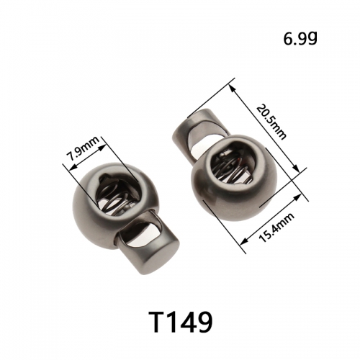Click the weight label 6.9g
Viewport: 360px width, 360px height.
[x=300, y=38]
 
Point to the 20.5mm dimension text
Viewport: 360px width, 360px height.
[x=271, y=122]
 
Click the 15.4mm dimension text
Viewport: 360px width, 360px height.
[x=276, y=228]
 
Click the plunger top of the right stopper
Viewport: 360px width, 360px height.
[x=196, y=128]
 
